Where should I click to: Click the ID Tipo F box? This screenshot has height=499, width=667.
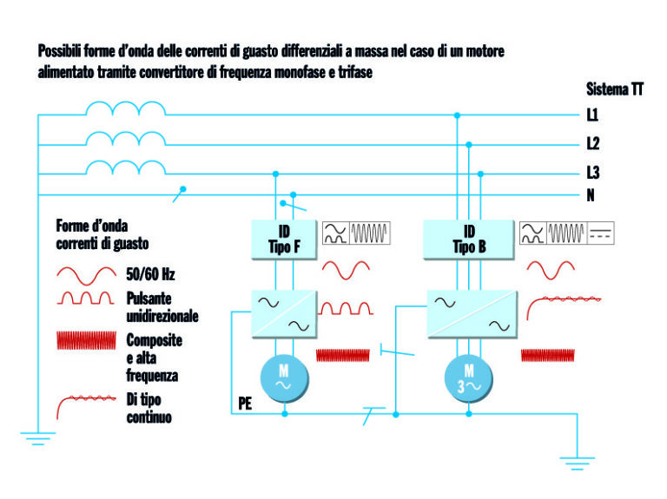coord(285,239)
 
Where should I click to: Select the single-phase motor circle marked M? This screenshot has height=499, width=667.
coord(285,378)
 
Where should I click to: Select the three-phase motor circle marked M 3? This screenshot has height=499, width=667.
coord(469,378)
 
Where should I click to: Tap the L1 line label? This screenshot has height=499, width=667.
coord(592,115)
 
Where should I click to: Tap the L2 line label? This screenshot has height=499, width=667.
coord(592,143)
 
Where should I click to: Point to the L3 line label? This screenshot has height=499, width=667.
coord(592,172)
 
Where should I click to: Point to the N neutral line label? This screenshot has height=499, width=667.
coord(591,194)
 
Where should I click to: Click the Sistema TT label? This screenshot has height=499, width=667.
coord(614,89)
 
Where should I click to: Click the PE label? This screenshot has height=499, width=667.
coord(246,404)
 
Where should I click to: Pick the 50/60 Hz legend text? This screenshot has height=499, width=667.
coord(150,275)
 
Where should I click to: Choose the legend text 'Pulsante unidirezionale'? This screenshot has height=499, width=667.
coord(162,308)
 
